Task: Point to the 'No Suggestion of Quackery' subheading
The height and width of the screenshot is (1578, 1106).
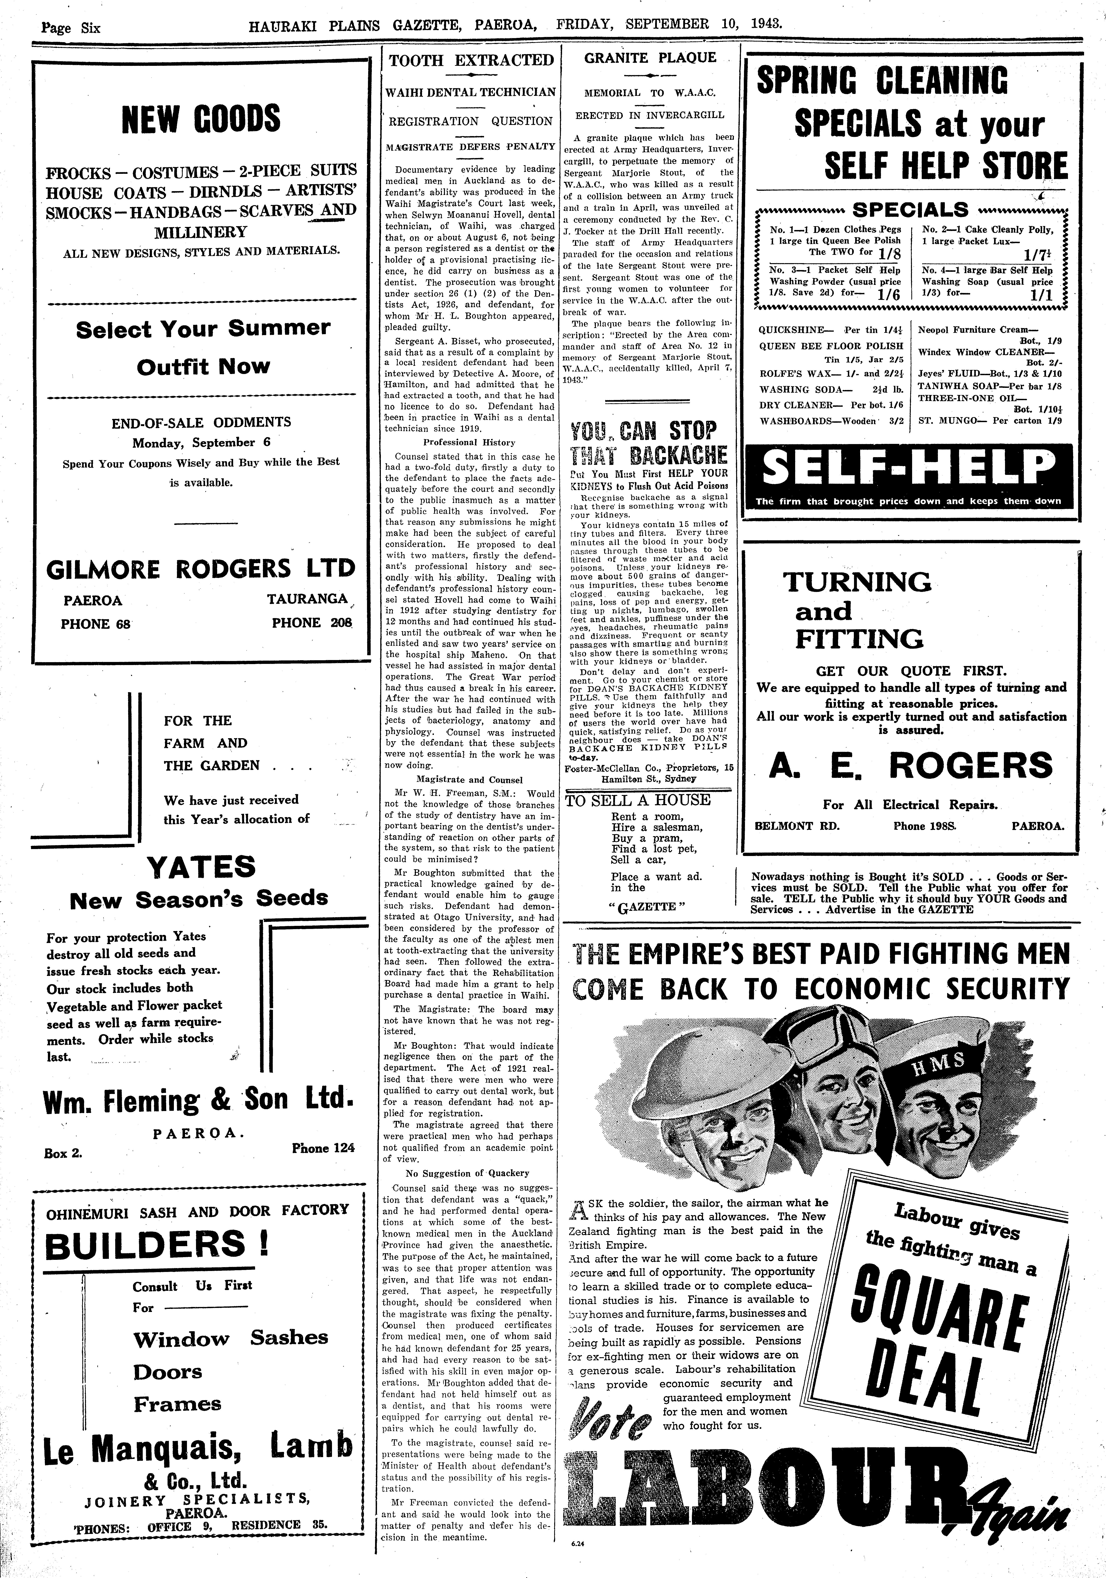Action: pyautogui.click(x=467, y=1173)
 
